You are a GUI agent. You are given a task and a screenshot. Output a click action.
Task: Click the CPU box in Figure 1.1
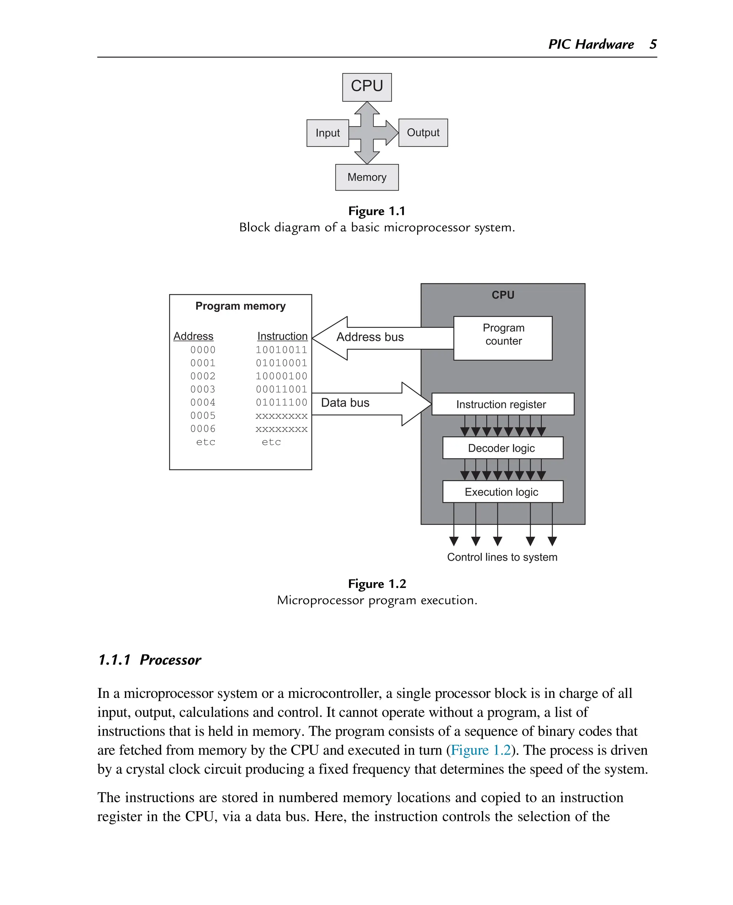tap(366, 87)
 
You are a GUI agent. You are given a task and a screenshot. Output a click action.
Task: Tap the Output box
tap(423, 133)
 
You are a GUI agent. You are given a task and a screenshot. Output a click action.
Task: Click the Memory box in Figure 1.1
tap(366, 177)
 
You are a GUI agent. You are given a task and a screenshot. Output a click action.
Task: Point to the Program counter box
tap(503, 338)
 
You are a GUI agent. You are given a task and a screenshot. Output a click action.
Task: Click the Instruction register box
tap(503, 404)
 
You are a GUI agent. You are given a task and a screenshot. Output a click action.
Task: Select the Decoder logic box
tap(503, 448)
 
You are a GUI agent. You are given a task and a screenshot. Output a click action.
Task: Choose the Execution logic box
tap(503, 492)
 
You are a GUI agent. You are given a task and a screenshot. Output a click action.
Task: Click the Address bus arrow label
tap(370, 337)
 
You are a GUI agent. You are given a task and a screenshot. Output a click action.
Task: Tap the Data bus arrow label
tap(345, 402)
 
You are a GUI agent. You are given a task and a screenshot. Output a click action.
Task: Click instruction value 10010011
tap(281, 350)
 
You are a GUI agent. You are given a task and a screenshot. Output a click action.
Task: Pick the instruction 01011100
tap(281, 402)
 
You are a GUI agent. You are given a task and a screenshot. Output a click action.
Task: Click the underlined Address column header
tap(193, 336)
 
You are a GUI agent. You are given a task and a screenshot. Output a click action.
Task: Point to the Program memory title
tap(240, 306)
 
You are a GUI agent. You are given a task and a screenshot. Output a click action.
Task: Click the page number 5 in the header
tap(653, 44)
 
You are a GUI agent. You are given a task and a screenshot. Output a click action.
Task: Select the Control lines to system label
tap(502, 557)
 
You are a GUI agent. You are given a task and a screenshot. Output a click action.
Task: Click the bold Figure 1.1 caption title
tap(377, 211)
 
